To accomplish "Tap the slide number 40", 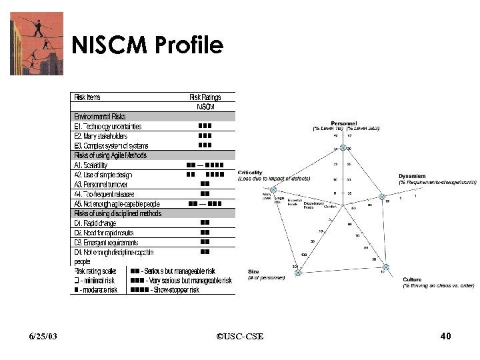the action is click(x=446, y=335).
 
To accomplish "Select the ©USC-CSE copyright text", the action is click(x=240, y=336).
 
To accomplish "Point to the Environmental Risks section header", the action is click(x=100, y=117).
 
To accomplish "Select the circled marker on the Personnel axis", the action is click(x=343, y=148).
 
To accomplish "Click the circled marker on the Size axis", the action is click(x=298, y=273).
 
